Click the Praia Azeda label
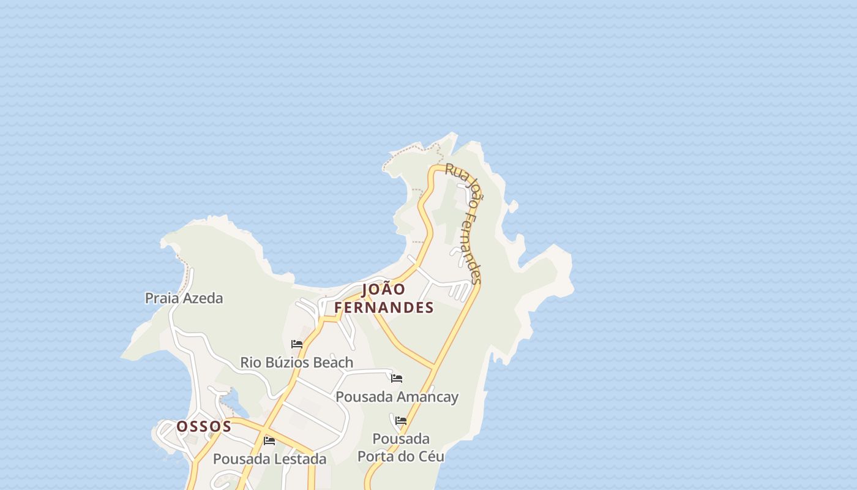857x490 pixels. click(184, 298)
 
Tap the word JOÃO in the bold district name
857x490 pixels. click(384, 289)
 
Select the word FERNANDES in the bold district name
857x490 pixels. click(384, 307)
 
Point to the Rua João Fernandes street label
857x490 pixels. click(465, 223)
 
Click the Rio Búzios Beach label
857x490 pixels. click(296, 363)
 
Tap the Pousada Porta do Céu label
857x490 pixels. click(401, 448)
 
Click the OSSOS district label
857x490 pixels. click(204, 426)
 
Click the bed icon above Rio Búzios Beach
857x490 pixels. click(297, 344)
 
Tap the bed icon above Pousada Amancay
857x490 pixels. click(397, 379)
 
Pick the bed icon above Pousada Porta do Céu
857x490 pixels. click(401, 421)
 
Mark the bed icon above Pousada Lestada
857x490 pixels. click(269, 441)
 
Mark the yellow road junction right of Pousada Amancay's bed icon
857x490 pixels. click(435, 367)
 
